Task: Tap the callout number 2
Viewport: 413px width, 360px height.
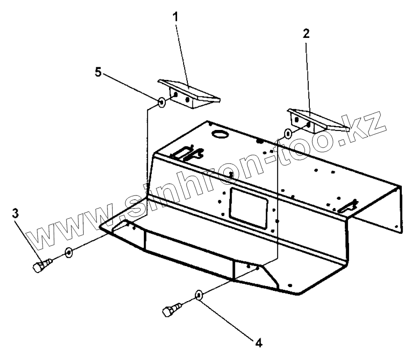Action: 306,34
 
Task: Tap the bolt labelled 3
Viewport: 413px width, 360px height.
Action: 41,267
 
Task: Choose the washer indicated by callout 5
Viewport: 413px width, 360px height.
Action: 161,101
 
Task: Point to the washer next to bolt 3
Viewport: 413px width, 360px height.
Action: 69,252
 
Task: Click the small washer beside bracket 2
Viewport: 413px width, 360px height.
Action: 288,134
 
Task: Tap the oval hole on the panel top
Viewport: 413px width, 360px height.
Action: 219,134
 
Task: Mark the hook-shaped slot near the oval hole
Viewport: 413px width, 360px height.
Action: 190,152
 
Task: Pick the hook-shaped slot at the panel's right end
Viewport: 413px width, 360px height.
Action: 349,204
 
